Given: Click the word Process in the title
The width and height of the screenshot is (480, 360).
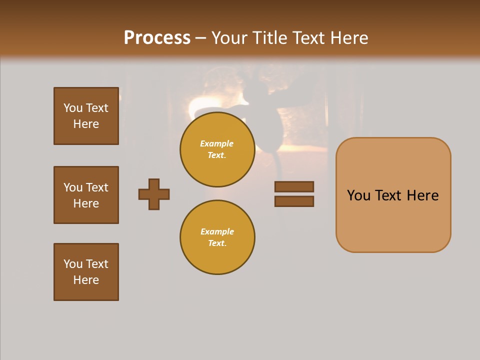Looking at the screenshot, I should (157, 38).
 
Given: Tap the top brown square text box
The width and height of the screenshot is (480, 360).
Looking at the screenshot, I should (86, 116).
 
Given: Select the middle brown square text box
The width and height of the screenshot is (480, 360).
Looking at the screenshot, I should (86, 195).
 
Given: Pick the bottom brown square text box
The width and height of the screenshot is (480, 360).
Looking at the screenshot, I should (86, 272).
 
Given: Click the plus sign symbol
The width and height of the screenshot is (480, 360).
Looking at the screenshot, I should (154, 194).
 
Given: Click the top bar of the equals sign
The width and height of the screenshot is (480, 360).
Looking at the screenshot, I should (294, 186).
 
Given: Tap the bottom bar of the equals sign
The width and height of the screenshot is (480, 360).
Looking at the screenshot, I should (294, 201).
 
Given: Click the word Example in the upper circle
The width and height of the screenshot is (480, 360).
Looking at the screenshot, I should (217, 143).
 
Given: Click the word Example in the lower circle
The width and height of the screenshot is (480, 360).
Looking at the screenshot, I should (217, 231).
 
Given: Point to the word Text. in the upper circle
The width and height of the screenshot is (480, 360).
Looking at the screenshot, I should (217, 155).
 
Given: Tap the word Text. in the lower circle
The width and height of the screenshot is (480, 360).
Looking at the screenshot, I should (217, 243).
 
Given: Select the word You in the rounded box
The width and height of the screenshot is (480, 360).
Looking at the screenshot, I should (358, 195).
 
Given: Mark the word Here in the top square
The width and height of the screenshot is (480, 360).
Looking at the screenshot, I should (86, 124).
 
